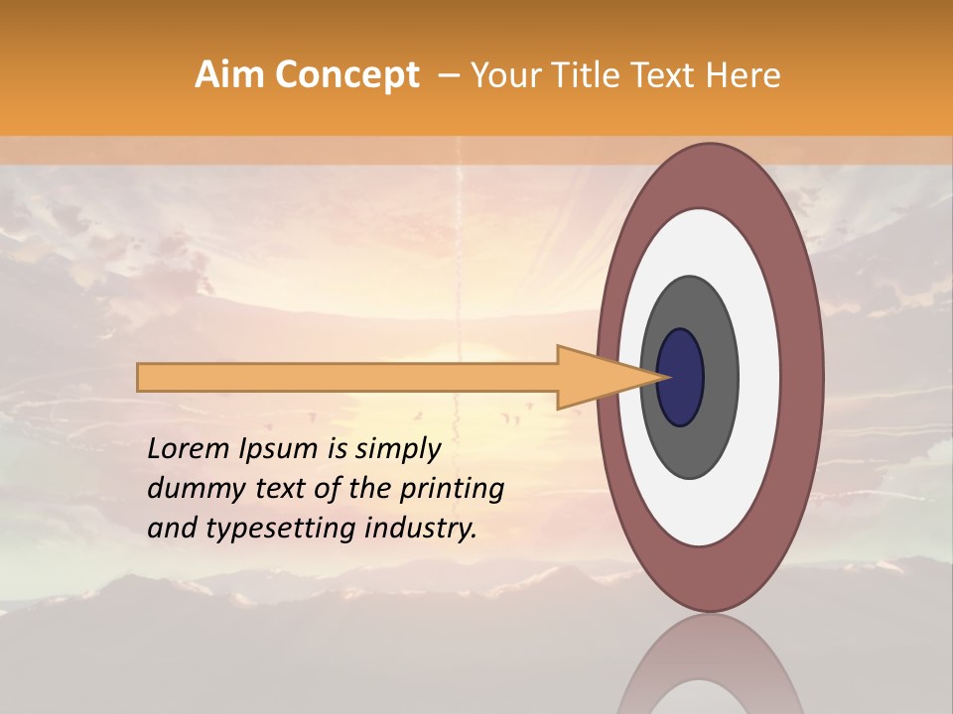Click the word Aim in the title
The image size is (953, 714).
tap(229, 74)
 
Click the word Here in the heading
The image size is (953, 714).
tap(745, 74)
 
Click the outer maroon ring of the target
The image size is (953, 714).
tap(803, 377)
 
